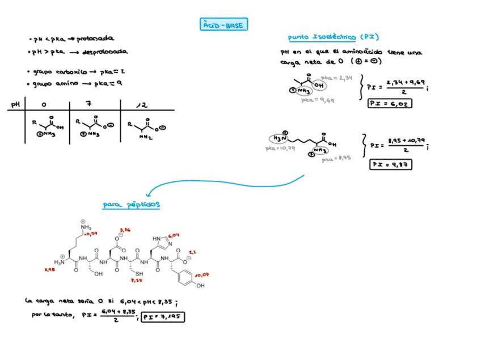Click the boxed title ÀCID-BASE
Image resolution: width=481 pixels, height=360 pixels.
pyautogui.click(x=224, y=24)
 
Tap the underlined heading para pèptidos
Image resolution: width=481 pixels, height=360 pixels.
pyautogui.click(x=131, y=204)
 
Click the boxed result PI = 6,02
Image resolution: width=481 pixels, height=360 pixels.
pyautogui.click(x=390, y=103)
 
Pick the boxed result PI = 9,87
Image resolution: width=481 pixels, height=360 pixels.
pyautogui.click(x=390, y=164)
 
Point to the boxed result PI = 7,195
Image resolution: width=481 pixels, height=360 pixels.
pyautogui.click(x=163, y=317)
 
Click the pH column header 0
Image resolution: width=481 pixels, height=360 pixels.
pyautogui.click(x=45, y=104)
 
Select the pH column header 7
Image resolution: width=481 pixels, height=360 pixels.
pyautogui.click(x=89, y=104)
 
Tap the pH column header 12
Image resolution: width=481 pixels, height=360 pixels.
pyautogui.click(x=142, y=105)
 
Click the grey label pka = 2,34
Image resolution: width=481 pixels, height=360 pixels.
pyautogui.click(x=336, y=78)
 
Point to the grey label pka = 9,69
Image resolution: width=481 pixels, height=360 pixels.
pyautogui.click(x=318, y=100)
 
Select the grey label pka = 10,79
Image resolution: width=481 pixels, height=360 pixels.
pyautogui.click(x=280, y=148)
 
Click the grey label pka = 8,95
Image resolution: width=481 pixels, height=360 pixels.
pyautogui.click(x=336, y=159)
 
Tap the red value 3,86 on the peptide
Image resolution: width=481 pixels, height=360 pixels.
pyautogui.click(x=124, y=230)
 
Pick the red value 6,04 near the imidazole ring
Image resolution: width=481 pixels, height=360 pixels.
pyautogui.click(x=174, y=235)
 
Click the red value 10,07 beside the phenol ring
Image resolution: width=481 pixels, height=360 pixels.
pyautogui.click(x=202, y=274)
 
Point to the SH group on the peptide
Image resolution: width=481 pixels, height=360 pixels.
pyautogui.click(x=139, y=274)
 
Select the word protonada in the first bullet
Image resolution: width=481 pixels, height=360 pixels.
pyautogui.click(x=95, y=39)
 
